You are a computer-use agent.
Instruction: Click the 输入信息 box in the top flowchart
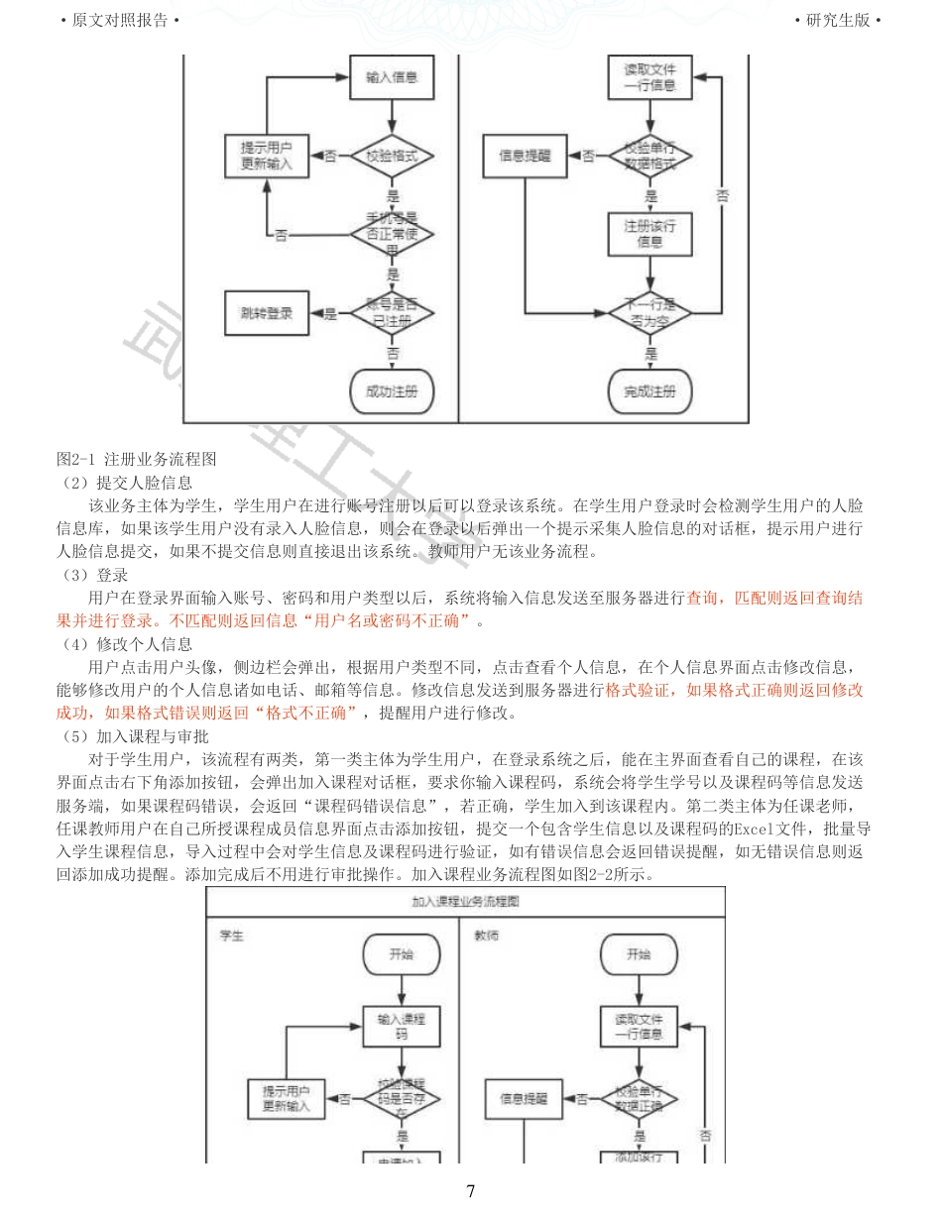point(392,77)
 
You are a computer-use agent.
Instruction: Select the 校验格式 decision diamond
point(392,156)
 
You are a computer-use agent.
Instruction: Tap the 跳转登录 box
point(267,313)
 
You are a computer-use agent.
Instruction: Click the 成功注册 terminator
point(392,390)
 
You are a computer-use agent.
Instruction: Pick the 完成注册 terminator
point(650,390)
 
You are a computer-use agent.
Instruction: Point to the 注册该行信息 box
point(650,233)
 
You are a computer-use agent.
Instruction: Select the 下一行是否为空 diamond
point(650,313)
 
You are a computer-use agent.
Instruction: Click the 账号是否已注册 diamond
point(392,313)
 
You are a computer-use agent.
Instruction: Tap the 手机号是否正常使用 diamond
point(392,234)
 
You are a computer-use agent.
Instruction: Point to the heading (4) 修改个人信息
point(124,644)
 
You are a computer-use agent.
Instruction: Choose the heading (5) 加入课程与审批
point(132,736)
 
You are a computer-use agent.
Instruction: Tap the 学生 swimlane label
point(231,935)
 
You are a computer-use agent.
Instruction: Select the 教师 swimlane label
point(486,935)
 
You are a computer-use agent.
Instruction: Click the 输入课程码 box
point(402,1026)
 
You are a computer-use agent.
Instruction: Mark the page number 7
point(471,1191)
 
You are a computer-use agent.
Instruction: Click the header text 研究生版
point(838,21)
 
